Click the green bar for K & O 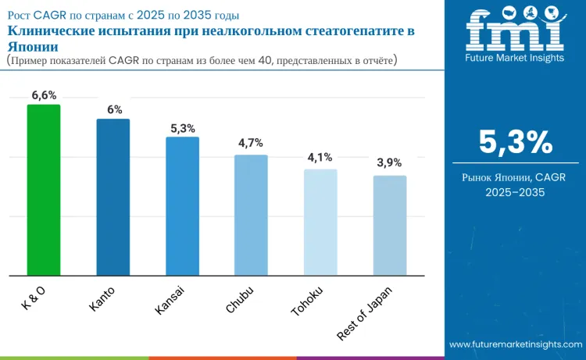[44, 190]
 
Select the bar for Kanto [113, 197]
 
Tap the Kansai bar [182, 206]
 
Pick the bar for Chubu [252, 215]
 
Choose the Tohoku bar [320, 222]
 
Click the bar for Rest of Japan [390, 225]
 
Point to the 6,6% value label [45, 95]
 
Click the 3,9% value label [389, 162]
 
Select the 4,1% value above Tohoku [320, 157]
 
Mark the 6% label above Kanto [114, 109]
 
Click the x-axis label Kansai [170, 301]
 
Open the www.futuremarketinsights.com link [516, 344]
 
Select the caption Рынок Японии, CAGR [515, 178]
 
